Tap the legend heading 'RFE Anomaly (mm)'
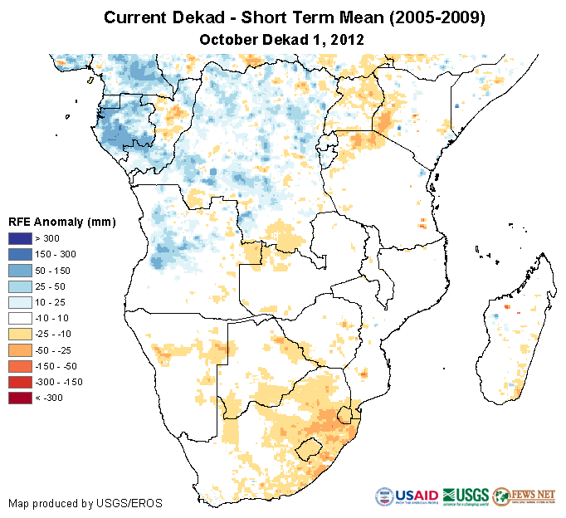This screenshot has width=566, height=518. (61, 222)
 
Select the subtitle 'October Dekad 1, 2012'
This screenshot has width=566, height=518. (282, 39)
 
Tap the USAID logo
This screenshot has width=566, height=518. (407, 496)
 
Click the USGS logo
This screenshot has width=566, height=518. (465, 496)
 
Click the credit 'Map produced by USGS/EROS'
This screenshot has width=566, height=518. (85, 503)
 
